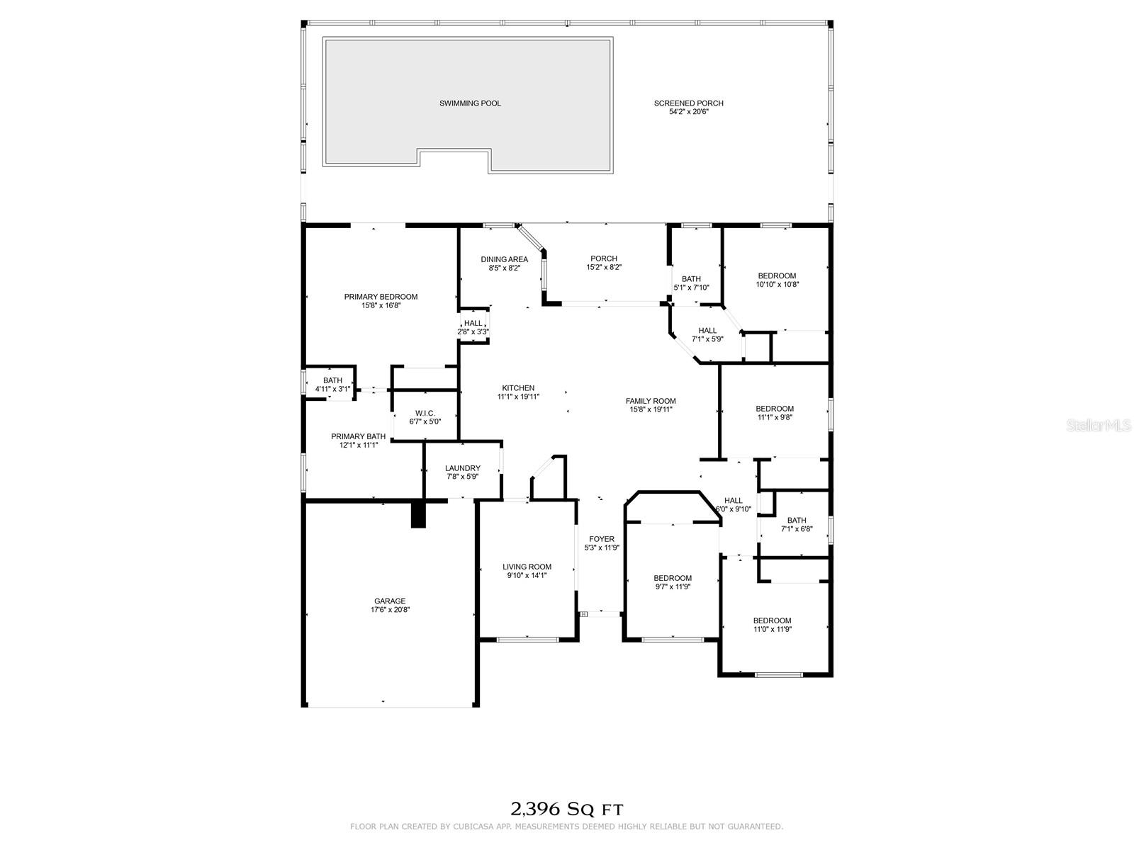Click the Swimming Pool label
click(x=470, y=103)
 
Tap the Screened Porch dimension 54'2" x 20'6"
click(x=688, y=111)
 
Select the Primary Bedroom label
click(x=381, y=297)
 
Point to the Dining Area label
click(x=504, y=259)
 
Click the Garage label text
click(x=390, y=601)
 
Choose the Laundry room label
click(x=462, y=468)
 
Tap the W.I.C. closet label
click(x=425, y=414)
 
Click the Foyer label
click(x=601, y=539)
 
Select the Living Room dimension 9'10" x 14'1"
click(x=527, y=575)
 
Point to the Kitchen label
click(x=518, y=388)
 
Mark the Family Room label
click(x=651, y=401)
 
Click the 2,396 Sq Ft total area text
click(x=567, y=809)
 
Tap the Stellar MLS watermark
click(x=1099, y=425)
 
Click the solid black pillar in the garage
click(x=418, y=514)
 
